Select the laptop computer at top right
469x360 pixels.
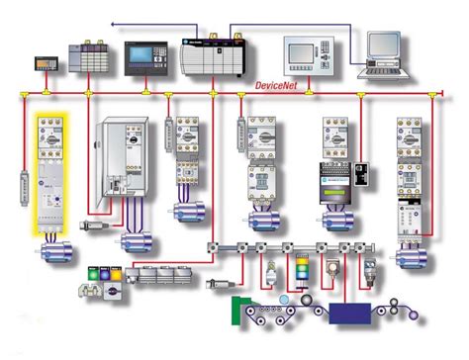point(381,53)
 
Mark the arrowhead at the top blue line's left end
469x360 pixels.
point(112,22)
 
